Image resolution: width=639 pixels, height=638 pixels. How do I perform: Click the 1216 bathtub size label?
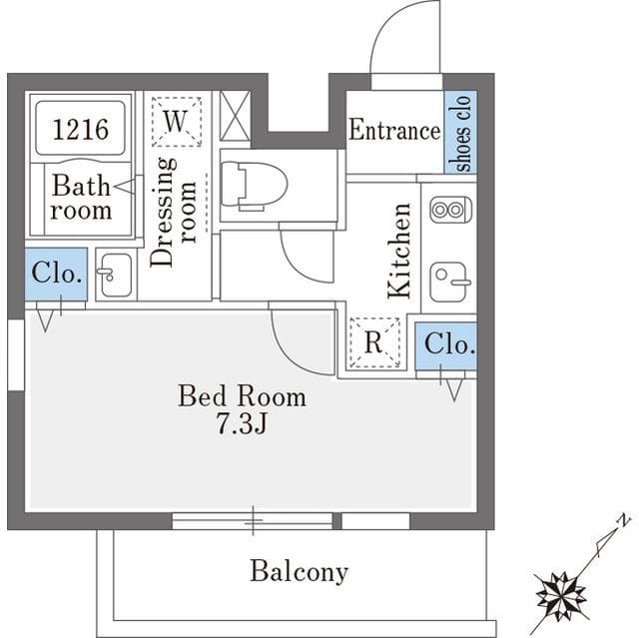(81, 130)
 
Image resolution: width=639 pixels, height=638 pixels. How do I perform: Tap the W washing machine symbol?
(177, 122)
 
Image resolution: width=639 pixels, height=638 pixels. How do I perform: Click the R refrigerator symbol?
(374, 342)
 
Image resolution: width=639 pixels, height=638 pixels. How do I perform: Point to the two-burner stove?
(451, 210)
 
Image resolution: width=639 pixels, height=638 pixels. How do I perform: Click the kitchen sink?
(449, 282)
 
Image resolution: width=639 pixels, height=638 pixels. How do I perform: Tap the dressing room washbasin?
(116, 275)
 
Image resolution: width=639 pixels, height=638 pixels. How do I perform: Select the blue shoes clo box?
(460, 132)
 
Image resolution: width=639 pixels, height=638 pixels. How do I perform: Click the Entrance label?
(394, 131)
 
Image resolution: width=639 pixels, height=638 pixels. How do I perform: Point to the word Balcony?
(300, 571)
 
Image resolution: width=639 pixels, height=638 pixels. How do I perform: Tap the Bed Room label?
(242, 395)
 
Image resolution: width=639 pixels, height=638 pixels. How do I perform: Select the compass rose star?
(561, 596)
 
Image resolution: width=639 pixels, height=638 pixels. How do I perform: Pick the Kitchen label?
(399, 251)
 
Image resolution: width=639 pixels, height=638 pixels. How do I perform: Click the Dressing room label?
(173, 213)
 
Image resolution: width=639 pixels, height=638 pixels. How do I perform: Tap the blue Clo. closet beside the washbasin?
(56, 275)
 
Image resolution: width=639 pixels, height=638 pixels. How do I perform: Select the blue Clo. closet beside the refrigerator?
(446, 345)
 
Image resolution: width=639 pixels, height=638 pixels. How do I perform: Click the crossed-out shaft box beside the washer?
(235, 117)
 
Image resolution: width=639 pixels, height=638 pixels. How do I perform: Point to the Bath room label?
(81, 198)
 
